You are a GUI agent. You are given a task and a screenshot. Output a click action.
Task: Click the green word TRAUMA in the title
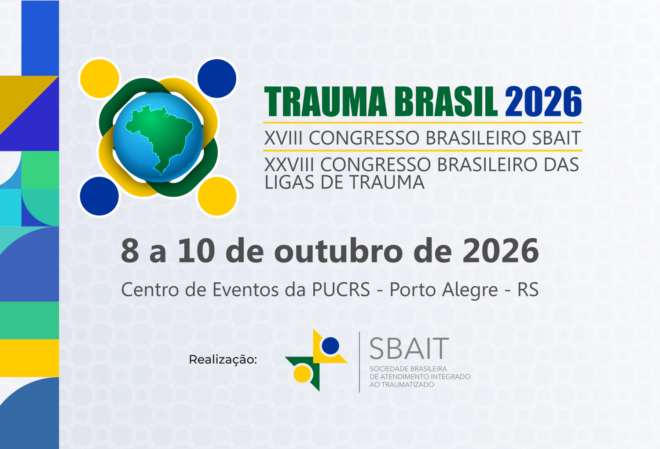[326, 102]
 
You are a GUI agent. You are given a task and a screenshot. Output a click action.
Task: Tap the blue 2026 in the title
[543, 101]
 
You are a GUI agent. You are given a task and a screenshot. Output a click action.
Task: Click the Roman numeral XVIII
[283, 138]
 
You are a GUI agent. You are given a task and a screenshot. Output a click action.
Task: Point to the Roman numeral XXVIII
[289, 164]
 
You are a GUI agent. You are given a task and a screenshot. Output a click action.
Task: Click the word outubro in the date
[338, 250]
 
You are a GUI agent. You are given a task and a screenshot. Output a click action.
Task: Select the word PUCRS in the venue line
[341, 289]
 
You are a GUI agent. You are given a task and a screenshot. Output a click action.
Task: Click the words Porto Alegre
[444, 290]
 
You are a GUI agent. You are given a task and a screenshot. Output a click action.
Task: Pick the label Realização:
[223, 360]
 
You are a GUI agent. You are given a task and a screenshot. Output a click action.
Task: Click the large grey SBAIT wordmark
[409, 349]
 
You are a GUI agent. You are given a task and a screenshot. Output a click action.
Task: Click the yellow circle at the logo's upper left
[99, 79]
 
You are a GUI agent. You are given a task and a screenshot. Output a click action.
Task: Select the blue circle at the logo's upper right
[217, 78]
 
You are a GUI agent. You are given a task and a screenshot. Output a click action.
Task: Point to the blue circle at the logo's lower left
[99, 196]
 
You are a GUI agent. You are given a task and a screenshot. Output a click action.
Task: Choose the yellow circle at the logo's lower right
[217, 196]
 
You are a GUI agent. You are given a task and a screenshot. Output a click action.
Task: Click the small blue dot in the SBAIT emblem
[330, 346]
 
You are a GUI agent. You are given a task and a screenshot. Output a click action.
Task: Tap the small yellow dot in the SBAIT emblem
[302, 374]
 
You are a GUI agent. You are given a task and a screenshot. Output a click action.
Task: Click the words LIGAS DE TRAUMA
[345, 182]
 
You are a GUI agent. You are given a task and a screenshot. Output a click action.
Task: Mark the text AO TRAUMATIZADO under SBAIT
[402, 385]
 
